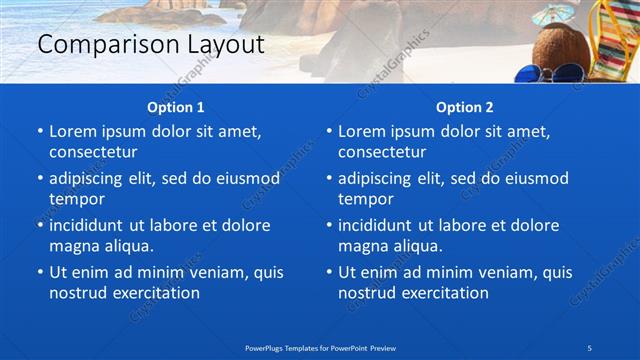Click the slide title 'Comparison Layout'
click(150, 45)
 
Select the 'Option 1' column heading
click(175, 106)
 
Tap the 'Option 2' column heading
click(464, 106)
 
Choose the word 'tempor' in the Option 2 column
click(365, 199)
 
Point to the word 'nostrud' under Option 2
click(367, 293)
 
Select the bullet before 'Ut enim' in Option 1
click(39, 272)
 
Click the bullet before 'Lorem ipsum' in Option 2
click(328, 131)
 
